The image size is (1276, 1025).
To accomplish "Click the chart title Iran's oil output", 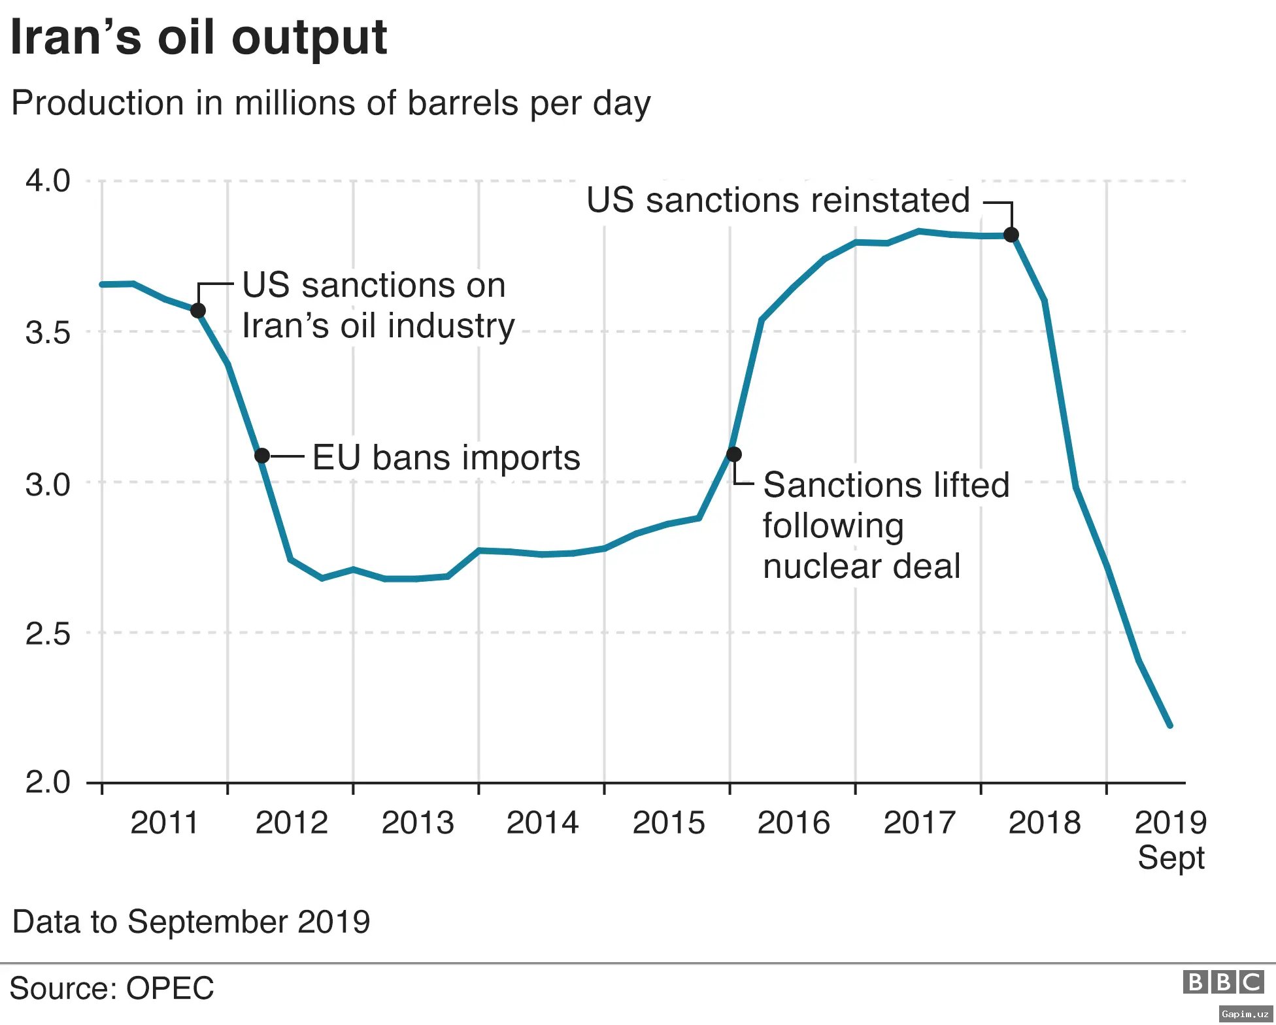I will pos(199,37).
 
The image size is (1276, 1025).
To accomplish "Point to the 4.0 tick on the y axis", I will pos(48,180).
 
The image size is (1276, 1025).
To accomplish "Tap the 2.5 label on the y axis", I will pos(48,633).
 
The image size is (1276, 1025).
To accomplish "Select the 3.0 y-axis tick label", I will pos(48,484).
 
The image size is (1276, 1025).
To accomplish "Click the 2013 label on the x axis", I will pos(417,822).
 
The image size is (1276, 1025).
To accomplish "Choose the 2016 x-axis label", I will pos(793,822).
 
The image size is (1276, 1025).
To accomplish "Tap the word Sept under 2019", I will pos(1170,858).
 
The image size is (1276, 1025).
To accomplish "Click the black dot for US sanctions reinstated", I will pos(1011,235).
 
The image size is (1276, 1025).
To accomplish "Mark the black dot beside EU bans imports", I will pos(261,456).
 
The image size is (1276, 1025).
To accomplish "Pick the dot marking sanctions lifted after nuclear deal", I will pos(733,454).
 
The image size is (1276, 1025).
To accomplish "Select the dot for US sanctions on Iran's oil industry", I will pos(198,311).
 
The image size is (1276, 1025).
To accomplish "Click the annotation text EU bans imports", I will pos(446,457).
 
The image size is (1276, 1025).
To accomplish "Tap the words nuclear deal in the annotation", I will pos(861,566).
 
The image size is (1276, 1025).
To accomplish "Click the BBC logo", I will pos(1223,982).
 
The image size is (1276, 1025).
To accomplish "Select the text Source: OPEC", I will pos(112,988).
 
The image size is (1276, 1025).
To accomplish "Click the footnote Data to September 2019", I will pos(191,922).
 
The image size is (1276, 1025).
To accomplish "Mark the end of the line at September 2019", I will pos(1169,725).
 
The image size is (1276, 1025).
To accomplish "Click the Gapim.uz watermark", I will pos(1245,1014).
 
